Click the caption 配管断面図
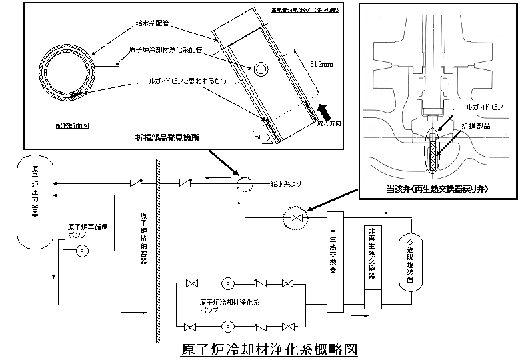click(72, 125)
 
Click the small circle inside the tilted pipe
click(260, 69)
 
